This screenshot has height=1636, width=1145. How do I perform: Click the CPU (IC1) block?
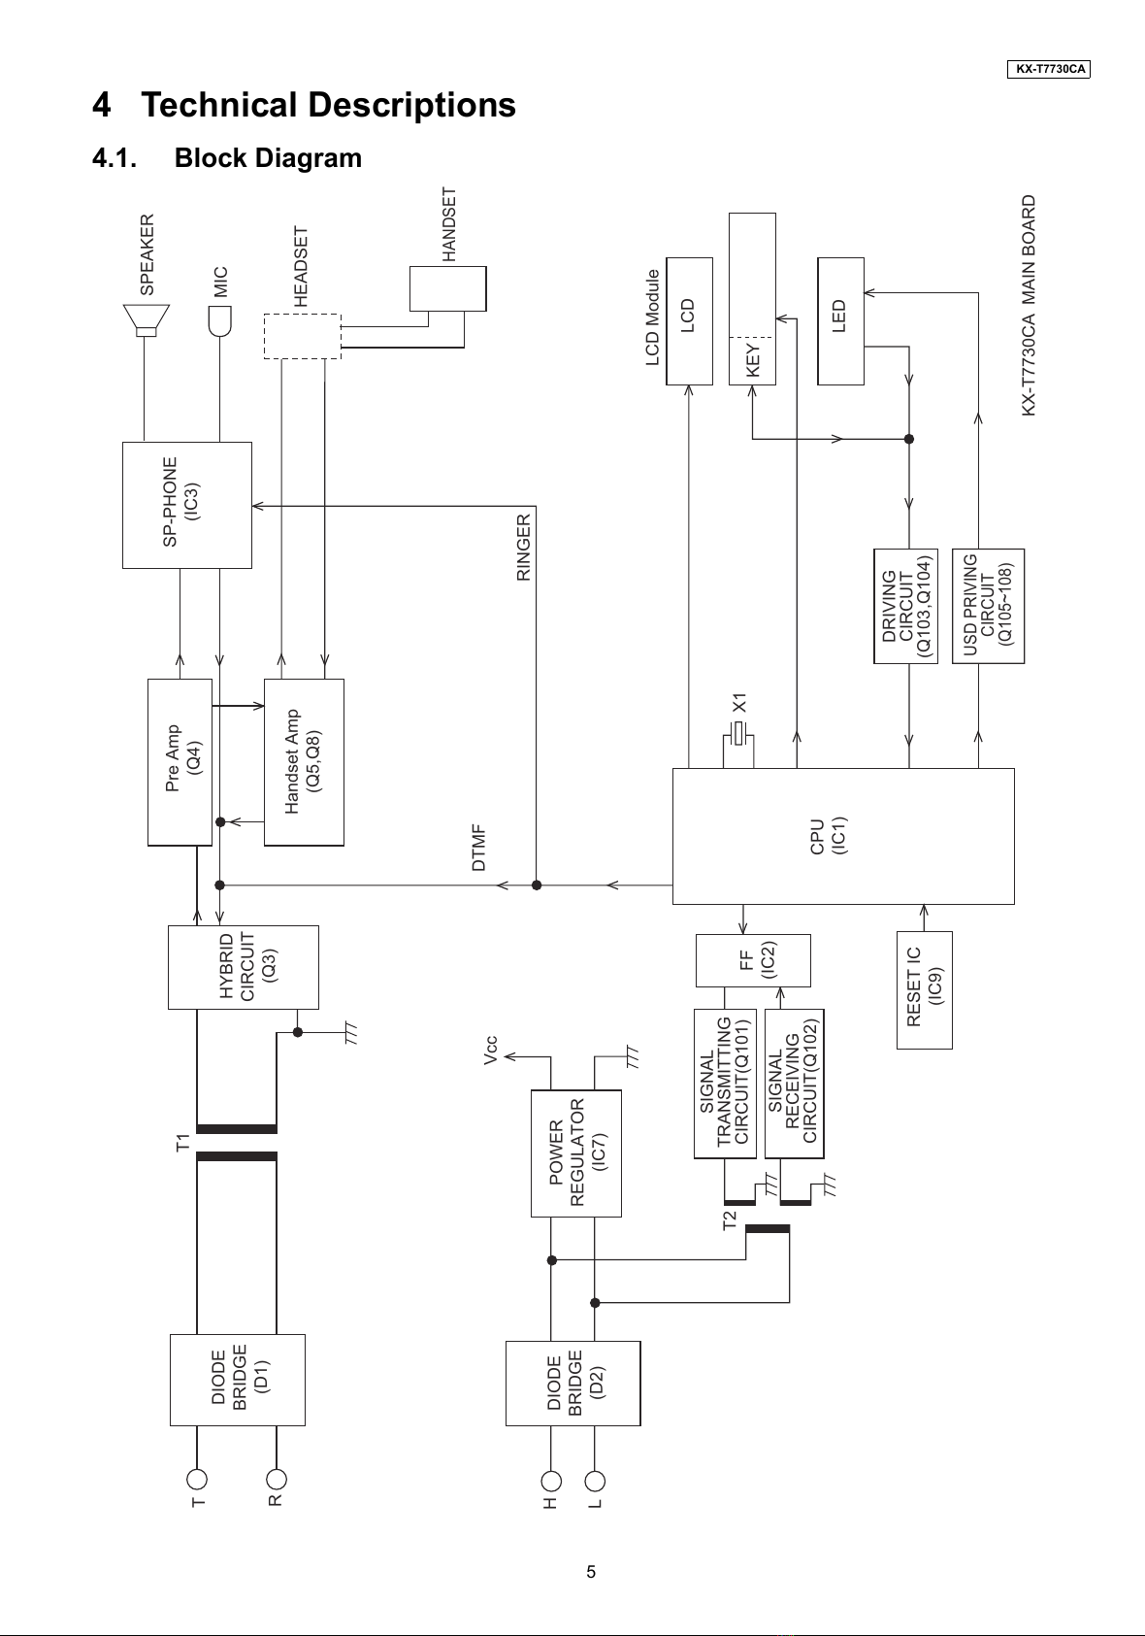click(843, 836)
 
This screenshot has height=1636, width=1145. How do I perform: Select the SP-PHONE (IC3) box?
click(187, 505)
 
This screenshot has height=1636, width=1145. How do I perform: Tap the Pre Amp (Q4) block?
click(180, 762)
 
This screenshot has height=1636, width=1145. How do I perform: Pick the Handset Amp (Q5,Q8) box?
click(304, 762)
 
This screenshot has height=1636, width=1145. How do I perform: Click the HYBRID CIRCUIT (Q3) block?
click(243, 967)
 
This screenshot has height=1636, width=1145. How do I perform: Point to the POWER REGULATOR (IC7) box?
click(575, 1153)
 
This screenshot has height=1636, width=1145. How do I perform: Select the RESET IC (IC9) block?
click(924, 989)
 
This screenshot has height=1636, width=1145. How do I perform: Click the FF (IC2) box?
click(753, 959)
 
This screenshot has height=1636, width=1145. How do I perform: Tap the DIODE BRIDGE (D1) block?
click(237, 1380)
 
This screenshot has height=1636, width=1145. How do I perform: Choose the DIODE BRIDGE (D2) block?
click(572, 1384)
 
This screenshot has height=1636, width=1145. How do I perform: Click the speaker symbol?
click(146, 320)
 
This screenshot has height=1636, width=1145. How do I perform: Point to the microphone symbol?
click(219, 321)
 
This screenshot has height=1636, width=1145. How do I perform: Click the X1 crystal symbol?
click(738, 733)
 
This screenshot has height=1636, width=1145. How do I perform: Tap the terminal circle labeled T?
click(196, 1480)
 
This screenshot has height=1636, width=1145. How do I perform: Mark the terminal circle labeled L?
click(595, 1481)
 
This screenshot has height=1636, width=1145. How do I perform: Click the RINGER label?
click(523, 548)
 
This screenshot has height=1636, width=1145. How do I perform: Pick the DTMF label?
click(478, 848)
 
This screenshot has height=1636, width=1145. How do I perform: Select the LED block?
click(840, 320)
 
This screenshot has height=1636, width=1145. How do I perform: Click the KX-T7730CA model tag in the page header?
click(1049, 69)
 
